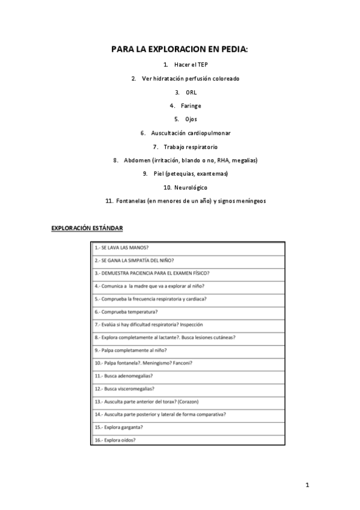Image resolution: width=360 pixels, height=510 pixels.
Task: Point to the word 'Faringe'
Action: click(x=191, y=106)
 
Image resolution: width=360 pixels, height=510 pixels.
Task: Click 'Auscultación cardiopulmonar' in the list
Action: click(x=191, y=133)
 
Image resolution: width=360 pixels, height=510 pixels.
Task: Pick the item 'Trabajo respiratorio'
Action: click(x=191, y=147)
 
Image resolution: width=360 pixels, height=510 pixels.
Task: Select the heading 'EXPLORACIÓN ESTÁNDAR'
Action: click(x=87, y=229)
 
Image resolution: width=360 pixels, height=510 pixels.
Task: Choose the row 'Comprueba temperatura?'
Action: click(x=126, y=312)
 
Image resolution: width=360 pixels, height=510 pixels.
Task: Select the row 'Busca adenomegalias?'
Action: click(x=124, y=375)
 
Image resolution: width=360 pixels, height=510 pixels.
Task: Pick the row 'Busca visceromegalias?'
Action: click(x=124, y=389)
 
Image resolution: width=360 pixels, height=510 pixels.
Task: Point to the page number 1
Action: click(x=307, y=485)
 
